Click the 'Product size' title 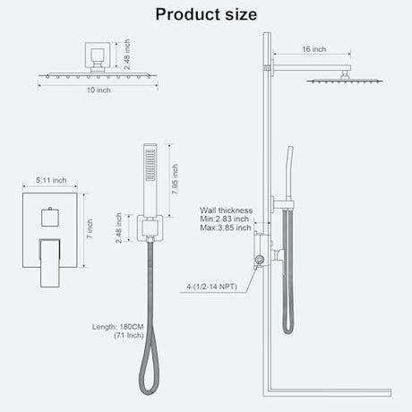pos(206,14)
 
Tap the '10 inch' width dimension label pos(99,90)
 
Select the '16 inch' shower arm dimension pos(314,49)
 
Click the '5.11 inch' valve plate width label pos(51,180)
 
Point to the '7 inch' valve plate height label pos(90,228)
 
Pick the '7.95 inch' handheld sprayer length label pos(175,179)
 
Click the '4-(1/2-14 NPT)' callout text pos(211,287)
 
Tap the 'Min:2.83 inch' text pos(224,219)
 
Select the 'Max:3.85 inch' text pos(226,227)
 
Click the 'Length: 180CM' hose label pos(117,327)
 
